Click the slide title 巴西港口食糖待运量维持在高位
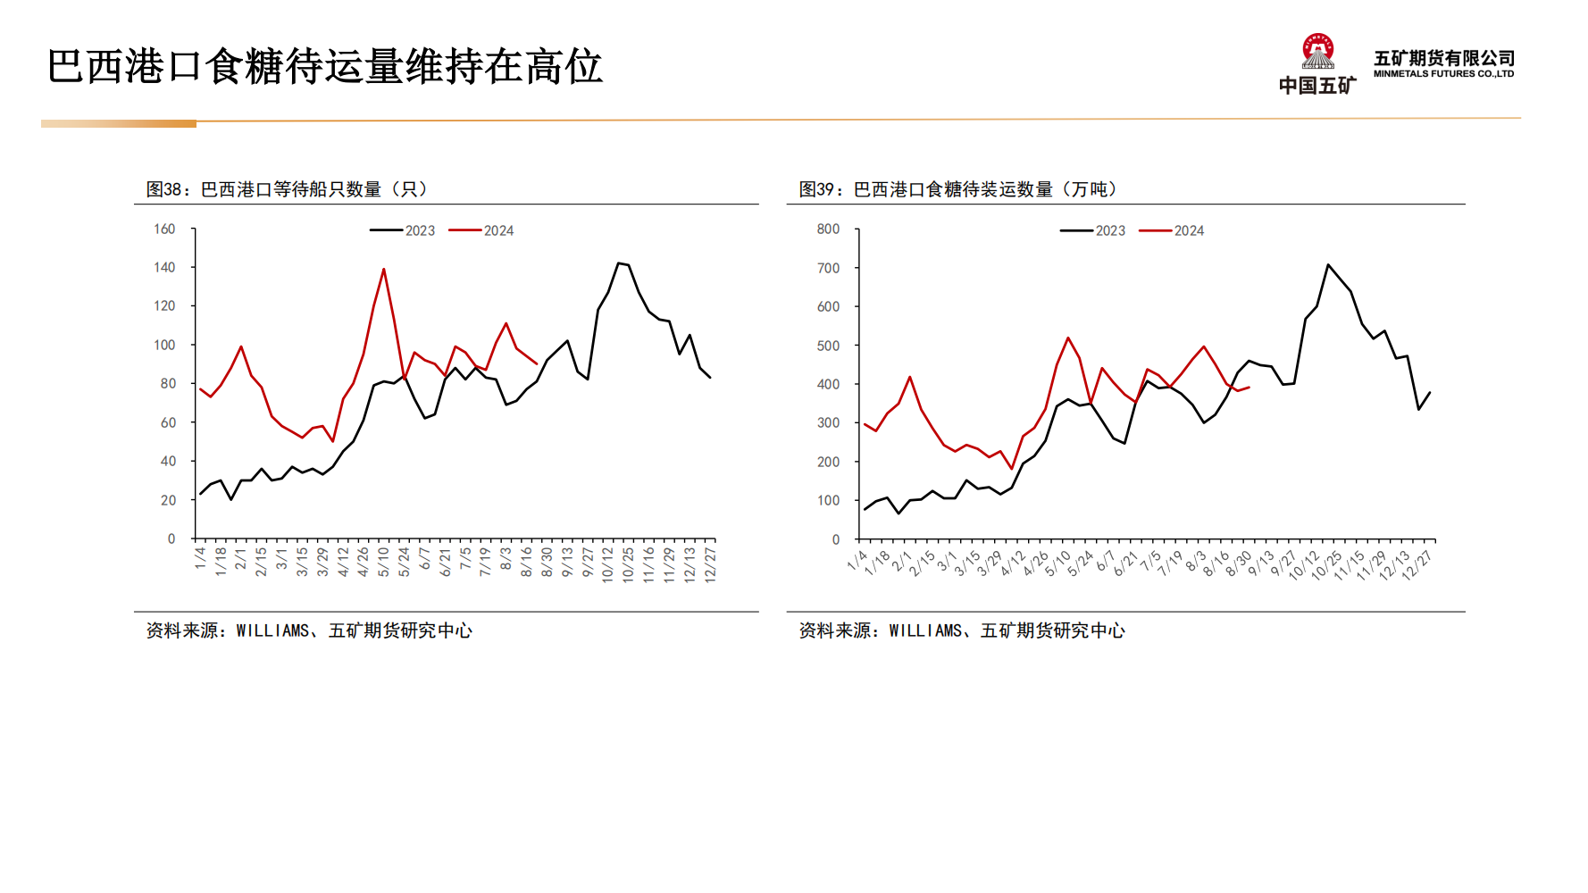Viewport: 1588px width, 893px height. pos(325,67)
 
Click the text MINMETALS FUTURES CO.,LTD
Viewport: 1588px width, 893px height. pos(1443,74)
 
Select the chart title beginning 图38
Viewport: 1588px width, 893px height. pos(287,189)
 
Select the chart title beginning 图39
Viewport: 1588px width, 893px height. pos(957,189)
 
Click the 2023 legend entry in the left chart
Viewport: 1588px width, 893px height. pos(404,230)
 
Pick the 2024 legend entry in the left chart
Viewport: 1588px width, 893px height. pos(482,230)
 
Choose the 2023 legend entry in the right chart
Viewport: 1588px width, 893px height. pos(1094,230)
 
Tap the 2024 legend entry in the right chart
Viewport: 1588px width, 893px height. pos(1173,230)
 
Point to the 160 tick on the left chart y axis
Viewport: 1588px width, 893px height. pos(164,229)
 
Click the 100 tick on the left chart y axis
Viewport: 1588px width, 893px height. pos(164,345)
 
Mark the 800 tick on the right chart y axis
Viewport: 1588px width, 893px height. pos(828,229)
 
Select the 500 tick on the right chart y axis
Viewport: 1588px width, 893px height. pos(828,346)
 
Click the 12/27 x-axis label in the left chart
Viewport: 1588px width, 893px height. pos(710,564)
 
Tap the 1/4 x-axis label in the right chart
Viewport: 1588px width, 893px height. pos(857,560)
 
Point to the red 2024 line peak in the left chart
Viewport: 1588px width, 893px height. pos(384,269)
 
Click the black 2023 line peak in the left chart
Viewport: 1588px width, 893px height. pos(618,263)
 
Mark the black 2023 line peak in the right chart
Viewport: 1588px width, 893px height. pos(1328,264)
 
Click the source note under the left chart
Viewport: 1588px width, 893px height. pos(309,630)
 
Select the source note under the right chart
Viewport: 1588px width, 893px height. pos(962,630)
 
